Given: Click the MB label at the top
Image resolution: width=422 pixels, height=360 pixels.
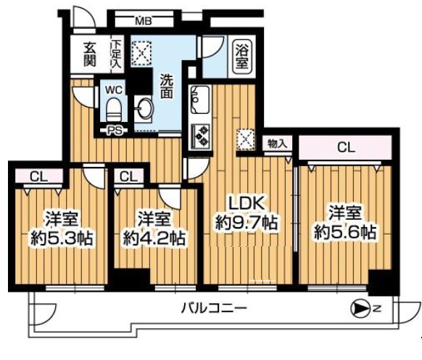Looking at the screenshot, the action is pos(144,21).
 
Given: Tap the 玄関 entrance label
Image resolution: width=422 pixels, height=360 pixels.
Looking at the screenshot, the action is pos(90,54).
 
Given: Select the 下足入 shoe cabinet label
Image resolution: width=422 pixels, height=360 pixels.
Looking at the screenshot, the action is pos(117,54).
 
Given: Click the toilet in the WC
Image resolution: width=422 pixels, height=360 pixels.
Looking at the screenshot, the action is pos(114,110).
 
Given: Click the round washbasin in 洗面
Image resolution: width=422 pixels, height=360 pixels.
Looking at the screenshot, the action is pos(145,109).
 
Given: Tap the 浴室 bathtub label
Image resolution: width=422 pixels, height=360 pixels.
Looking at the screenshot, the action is pos(241,56).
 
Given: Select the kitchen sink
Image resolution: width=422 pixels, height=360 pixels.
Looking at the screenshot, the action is pos(200,99).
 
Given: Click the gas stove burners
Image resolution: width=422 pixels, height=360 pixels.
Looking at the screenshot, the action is pos(201,136).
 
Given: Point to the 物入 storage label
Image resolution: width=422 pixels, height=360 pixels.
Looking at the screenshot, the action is pos(276,144).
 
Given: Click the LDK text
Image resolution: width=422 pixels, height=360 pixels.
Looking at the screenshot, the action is pos(246,203).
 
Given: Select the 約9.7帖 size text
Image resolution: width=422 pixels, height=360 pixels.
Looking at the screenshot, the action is pos(247,223).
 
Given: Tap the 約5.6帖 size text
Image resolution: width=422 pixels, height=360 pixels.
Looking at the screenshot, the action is pos(345,232).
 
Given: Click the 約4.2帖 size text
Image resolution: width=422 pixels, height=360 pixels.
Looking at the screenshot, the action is pos(154,237).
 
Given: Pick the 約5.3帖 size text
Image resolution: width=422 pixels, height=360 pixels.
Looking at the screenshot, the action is pos(62,238).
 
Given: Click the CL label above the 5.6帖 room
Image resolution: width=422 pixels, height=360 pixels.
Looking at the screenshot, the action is pos(346,147).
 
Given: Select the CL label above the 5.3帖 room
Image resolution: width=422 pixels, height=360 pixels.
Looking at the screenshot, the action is pos(38,177).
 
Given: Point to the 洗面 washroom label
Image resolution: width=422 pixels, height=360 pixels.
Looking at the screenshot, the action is pos(166,86).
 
